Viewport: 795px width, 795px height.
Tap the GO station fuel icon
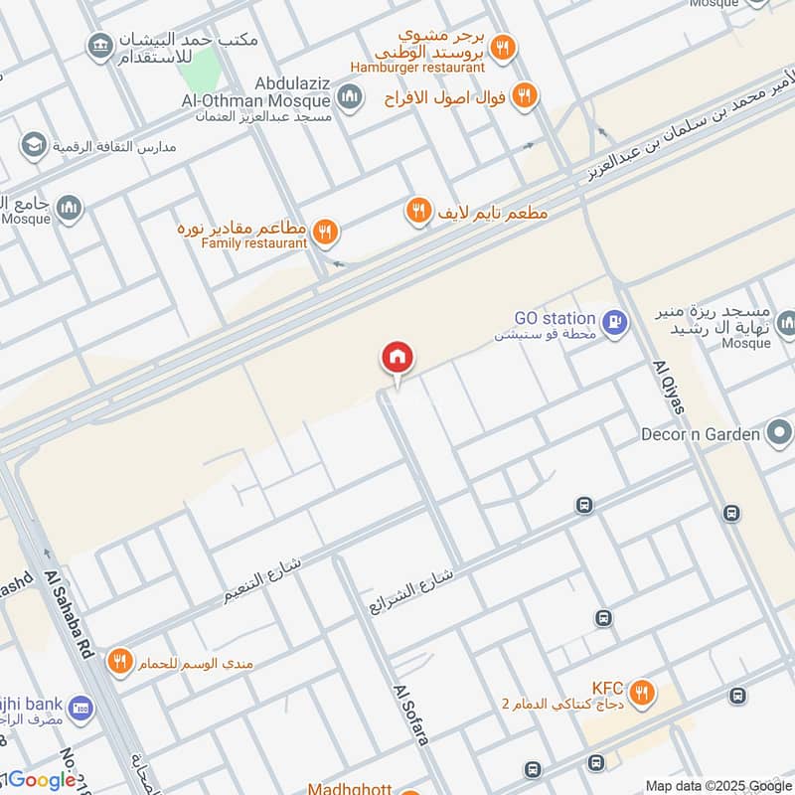click(615, 323)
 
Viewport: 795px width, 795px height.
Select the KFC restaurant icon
click(643, 692)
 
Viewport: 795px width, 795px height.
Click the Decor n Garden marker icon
click(780, 433)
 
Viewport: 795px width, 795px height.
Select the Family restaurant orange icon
click(324, 234)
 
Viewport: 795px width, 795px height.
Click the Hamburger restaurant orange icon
click(504, 47)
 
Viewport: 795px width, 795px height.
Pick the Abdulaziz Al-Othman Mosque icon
click(349, 96)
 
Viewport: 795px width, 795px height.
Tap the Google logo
click(43, 780)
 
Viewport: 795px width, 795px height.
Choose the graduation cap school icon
click(34, 145)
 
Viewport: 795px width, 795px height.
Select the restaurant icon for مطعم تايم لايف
click(418, 210)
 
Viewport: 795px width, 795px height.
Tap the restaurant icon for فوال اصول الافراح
click(526, 96)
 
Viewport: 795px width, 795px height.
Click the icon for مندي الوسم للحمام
click(120, 660)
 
